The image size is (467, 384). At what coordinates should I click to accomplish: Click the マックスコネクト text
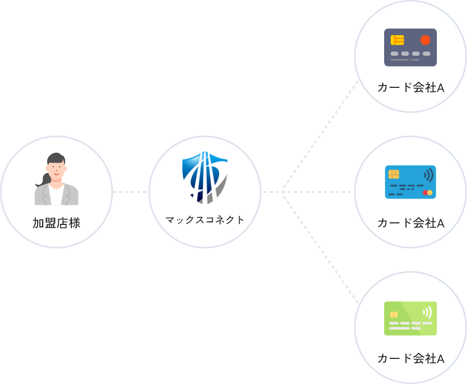pos(205,220)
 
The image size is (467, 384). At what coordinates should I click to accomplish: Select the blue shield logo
pos(205,178)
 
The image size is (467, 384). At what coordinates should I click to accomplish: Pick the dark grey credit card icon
pos(410,48)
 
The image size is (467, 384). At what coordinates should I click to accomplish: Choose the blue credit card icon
pos(410,182)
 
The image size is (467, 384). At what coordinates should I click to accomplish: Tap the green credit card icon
pos(410,318)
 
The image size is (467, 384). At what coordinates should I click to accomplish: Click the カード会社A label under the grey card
pos(410,88)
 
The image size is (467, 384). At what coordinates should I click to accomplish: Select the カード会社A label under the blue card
pos(410,223)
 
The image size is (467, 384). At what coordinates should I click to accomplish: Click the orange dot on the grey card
pos(425,40)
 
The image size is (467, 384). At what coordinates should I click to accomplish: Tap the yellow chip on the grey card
pos(397,40)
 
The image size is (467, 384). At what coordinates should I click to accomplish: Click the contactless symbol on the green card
pos(427,312)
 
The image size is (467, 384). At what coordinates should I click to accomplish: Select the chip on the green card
pos(394,314)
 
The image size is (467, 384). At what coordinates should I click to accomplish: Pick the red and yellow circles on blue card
pos(427,193)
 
